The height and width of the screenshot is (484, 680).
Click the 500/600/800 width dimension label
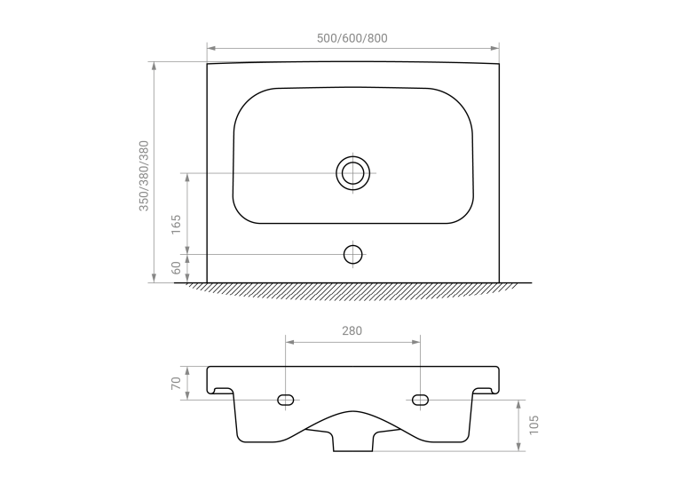point(352,38)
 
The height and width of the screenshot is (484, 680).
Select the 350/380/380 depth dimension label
point(144,176)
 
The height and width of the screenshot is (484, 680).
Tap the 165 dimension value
point(176,225)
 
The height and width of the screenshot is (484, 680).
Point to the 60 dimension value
point(176,268)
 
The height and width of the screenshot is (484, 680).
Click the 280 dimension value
point(352,331)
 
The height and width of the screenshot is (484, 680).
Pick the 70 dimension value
point(176,383)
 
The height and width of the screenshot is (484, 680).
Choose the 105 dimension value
point(534,425)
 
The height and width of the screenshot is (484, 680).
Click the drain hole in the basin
point(352,173)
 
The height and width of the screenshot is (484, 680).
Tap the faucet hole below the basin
point(352,254)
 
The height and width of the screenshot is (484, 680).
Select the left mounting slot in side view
point(285,400)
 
